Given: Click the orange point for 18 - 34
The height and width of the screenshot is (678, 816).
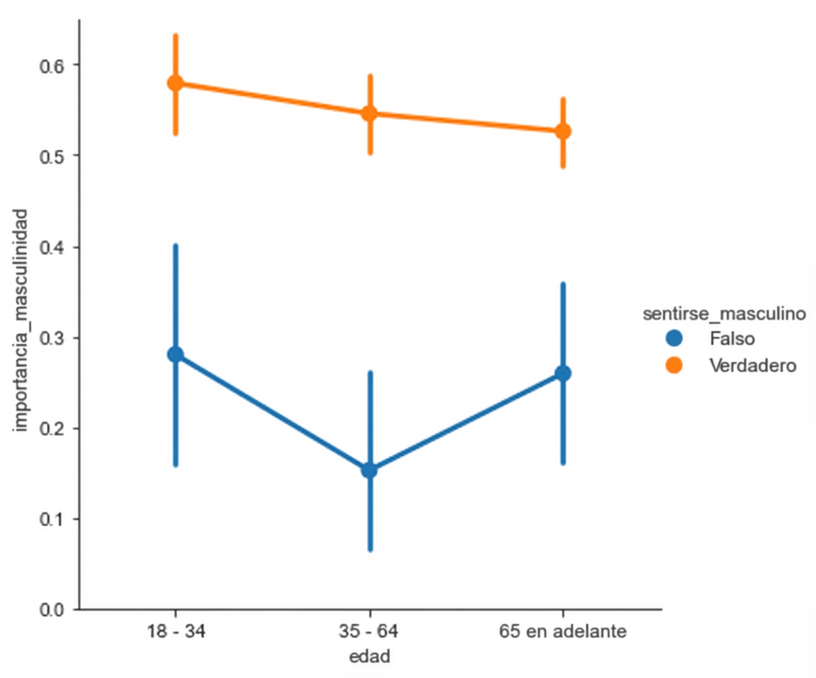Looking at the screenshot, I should (x=175, y=83).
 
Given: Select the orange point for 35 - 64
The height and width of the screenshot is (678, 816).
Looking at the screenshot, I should (x=369, y=113).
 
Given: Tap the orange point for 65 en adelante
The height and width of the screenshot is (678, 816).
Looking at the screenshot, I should (x=563, y=131).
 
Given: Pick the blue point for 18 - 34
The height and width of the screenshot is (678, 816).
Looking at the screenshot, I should (x=175, y=354).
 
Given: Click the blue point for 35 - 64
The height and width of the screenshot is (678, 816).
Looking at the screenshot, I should (x=369, y=470).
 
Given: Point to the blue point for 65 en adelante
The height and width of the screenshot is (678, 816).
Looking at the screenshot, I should (x=563, y=373).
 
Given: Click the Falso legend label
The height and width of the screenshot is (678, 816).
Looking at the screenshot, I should (x=731, y=337).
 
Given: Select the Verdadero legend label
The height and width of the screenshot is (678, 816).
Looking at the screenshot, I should (x=752, y=365).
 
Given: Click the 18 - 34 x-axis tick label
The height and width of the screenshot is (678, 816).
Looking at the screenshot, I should (x=175, y=632).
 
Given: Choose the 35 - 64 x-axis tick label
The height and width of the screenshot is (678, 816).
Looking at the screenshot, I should (x=369, y=632).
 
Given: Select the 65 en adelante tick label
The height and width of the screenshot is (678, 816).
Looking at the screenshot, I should (x=563, y=632).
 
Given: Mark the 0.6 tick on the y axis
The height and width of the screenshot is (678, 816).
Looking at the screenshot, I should (x=52, y=65).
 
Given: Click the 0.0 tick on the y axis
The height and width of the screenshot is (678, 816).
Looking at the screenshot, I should (x=52, y=609).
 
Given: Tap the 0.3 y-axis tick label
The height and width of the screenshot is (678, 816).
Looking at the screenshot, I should (x=52, y=338).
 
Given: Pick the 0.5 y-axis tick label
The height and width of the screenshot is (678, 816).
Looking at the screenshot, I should (x=52, y=156).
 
